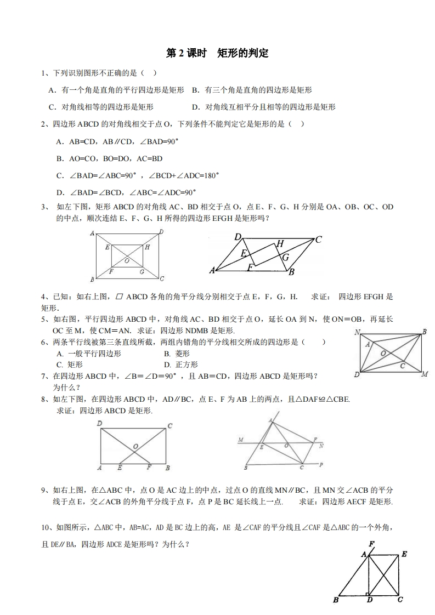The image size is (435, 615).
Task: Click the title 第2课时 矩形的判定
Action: coord(217,53)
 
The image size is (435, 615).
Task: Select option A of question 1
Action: coord(116,90)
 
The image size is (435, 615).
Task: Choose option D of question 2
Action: coord(126,192)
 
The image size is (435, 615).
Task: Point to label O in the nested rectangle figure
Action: coord(127,261)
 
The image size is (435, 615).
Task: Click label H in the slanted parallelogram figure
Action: coord(280,243)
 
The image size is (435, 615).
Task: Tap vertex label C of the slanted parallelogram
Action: coord(318,239)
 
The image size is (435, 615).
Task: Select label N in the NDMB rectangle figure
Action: coord(357,332)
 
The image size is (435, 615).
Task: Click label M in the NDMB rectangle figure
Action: coord(424,374)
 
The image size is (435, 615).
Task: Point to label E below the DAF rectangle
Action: coord(120,468)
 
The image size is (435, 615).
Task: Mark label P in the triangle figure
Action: coord(321,465)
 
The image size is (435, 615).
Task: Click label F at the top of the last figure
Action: coord(371,543)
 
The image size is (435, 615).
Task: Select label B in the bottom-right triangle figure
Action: coord(335,600)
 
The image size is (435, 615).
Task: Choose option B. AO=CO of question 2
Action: coord(109,158)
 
